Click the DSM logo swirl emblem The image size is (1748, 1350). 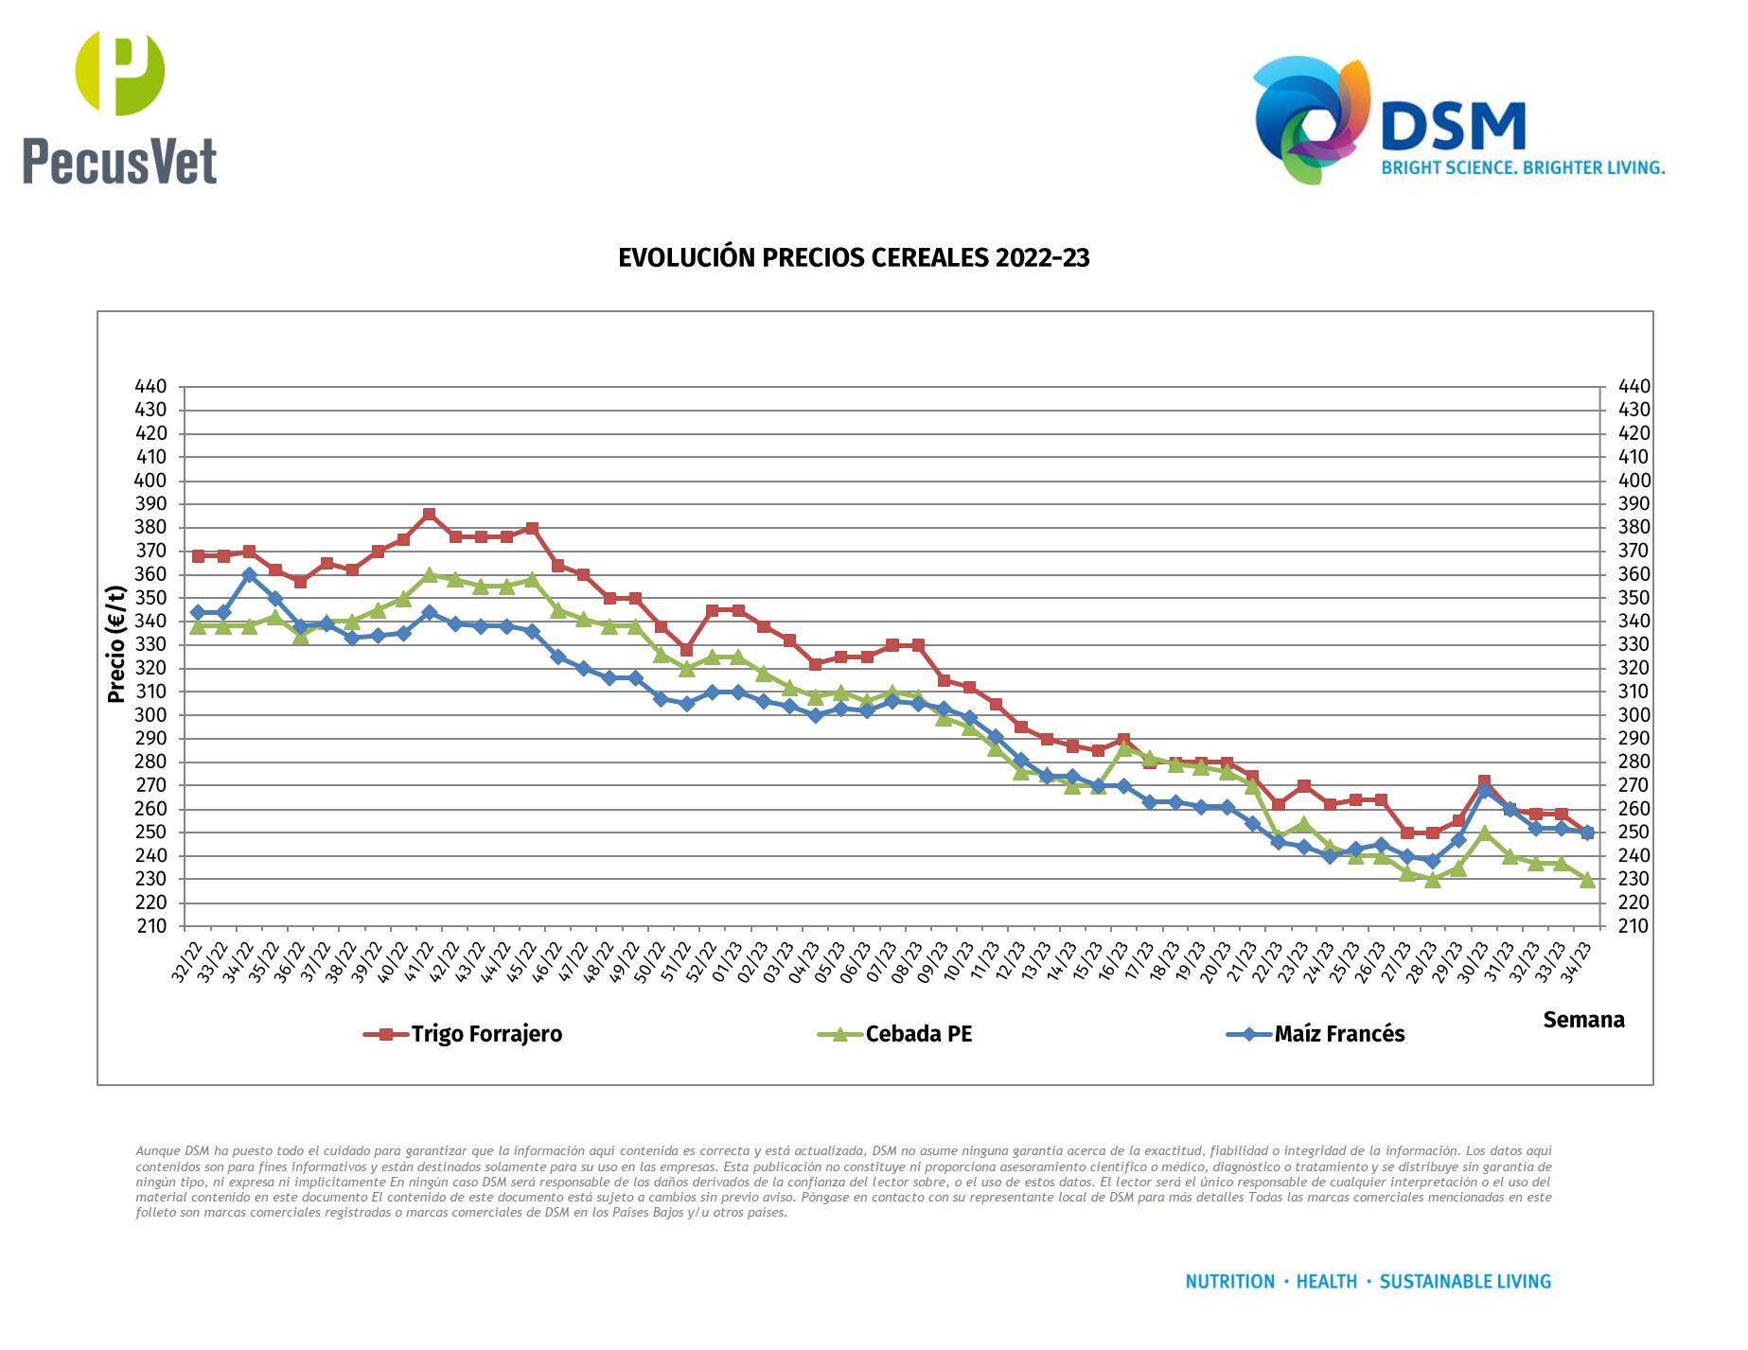coord(1312,118)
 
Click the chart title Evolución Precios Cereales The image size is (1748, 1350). coord(854,258)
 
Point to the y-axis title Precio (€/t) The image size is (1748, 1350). coord(116,644)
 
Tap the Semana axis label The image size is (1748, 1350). coord(1583,1020)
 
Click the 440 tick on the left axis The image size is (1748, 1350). coord(150,386)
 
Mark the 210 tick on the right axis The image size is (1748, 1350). coord(1633,926)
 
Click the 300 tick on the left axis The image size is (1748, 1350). coord(150,715)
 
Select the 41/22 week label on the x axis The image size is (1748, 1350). coord(421,961)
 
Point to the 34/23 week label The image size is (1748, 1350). coord(1579,961)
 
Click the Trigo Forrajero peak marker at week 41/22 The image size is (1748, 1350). coord(430,515)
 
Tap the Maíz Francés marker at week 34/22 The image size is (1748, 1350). coord(249,575)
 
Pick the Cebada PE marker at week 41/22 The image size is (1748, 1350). coord(430,574)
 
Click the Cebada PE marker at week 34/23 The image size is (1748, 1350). coord(1587,880)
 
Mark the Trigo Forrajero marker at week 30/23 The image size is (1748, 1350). coord(1484,782)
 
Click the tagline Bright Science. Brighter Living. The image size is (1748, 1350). coord(1523,167)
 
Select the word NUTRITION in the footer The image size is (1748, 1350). coord(1230,1282)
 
